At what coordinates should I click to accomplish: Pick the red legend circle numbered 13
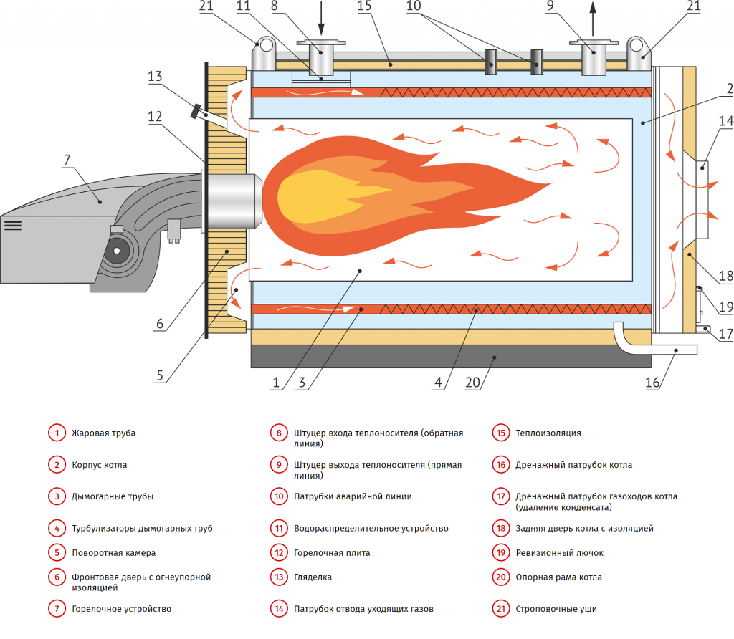(x=279, y=577)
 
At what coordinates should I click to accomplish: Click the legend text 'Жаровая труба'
(x=103, y=433)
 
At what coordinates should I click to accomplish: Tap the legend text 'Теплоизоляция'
(x=548, y=433)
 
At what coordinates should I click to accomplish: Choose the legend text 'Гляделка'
(x=313, y=577)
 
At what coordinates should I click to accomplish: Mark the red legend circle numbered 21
(x=500, y=609)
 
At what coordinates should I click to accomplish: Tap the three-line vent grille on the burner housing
(x=13, y=225)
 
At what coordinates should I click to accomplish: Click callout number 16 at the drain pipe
(x=652, y=382)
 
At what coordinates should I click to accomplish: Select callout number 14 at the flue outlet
(x=724, y=122)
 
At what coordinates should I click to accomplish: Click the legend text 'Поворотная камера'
(x=113, y=552)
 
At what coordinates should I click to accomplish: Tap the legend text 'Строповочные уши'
(x=556, y=609)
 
